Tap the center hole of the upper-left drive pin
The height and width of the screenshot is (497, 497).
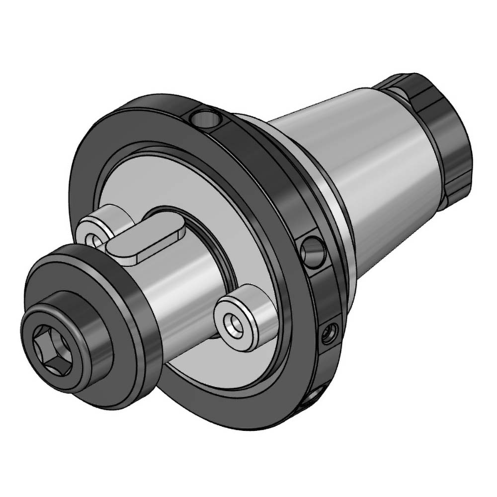[x=92, y=240]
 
